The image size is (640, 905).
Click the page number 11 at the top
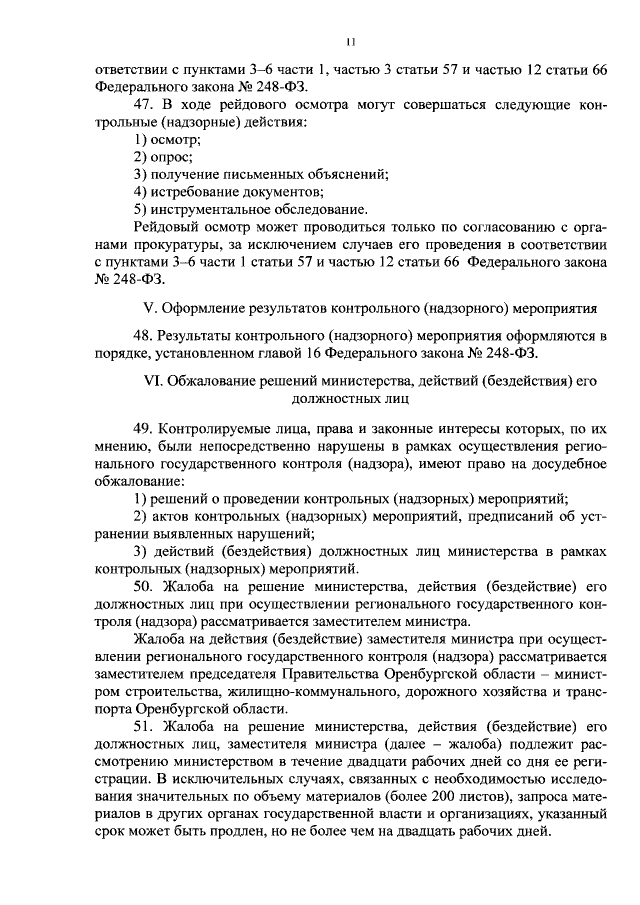pos(350,42)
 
